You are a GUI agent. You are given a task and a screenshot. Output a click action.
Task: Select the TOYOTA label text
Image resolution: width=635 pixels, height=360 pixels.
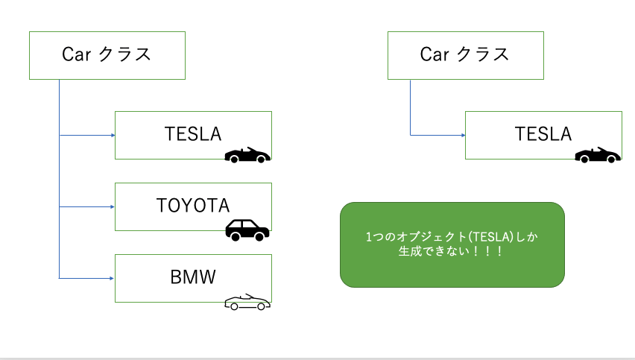[193, 205]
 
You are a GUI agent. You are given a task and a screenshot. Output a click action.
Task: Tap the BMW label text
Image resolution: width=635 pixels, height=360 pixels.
[193, 277]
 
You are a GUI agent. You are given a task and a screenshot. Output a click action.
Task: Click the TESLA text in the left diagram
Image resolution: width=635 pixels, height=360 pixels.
[193, 134]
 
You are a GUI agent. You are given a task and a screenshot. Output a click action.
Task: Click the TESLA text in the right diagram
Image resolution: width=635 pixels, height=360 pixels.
[543, 134]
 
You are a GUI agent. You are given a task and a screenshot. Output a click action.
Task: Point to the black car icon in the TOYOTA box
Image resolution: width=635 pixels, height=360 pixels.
[247, 230]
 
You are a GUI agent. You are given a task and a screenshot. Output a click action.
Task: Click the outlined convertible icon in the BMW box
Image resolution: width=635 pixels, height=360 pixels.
[247, 303]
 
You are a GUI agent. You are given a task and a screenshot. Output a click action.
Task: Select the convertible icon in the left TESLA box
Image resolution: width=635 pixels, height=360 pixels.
[247, 155]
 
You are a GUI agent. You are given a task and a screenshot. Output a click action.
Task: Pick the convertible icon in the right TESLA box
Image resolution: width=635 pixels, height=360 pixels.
[597, 155]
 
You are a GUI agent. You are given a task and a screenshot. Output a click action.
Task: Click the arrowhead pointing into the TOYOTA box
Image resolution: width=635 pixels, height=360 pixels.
[112, 206]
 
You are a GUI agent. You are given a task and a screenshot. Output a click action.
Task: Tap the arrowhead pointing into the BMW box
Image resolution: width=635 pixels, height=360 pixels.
[112, 278]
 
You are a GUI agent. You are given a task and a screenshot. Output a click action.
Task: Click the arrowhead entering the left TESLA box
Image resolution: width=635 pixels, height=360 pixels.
[112, 135]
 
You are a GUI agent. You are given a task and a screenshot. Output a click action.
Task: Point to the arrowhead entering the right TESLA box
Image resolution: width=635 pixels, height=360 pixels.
[462, 135]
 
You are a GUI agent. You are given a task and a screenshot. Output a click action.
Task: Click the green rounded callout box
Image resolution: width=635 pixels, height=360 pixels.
[452, 244]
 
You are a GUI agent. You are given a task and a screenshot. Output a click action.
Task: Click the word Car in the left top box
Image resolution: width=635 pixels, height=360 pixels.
[75, 55]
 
